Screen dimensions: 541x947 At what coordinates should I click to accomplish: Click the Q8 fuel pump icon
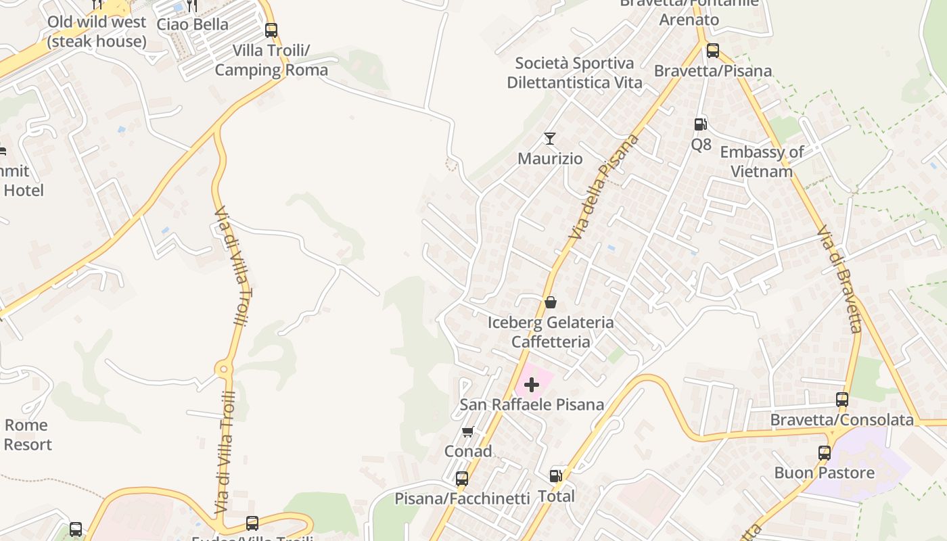pos(701,124)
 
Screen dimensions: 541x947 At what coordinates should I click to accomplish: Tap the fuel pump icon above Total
pos(556,476)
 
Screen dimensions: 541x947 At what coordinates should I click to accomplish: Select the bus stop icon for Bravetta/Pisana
pos(712,51)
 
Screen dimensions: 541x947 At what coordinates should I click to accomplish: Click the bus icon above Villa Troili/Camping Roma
pos(271,30)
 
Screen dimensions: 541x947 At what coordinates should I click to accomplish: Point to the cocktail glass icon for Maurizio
pos(550,139)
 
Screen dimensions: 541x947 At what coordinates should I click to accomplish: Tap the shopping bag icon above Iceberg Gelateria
pos(551,302)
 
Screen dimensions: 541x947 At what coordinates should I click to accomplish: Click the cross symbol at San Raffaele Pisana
pos(532,385)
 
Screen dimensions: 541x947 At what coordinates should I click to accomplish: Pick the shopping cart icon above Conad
pos(467,431)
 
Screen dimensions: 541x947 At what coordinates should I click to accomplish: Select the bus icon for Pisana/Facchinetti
pos(462,479)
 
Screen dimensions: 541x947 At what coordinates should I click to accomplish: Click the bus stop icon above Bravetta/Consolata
pos(842,400)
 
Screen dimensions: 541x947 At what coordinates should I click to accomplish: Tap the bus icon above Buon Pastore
pos(825,453)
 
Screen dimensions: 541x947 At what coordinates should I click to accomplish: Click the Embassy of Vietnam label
pos(762,162)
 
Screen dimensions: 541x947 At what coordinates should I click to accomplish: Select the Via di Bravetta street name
pos(839,280)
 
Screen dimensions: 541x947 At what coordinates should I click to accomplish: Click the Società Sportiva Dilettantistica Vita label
pos(574,73)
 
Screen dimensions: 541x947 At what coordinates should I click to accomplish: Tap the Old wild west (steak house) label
pos(96,32)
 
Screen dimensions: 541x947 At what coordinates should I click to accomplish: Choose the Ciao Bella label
pos(193,24)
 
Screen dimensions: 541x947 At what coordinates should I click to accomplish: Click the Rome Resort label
pos(27,435)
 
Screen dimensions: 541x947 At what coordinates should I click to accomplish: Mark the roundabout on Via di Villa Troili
pos(225,369)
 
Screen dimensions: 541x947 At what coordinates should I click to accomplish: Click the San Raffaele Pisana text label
pos(532,405)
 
